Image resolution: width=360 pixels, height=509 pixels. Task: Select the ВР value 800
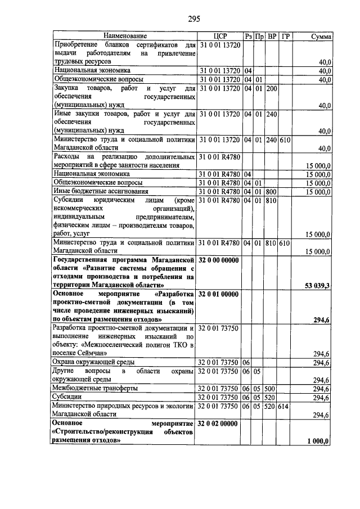tap(272, 191)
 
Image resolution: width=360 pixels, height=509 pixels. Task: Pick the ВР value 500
tap(272, 389)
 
